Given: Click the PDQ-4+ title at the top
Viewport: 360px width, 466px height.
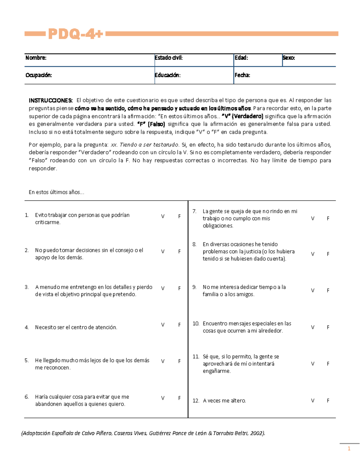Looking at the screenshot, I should coord(75,34).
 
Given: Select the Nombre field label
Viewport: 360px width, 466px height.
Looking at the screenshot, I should coord(36,58).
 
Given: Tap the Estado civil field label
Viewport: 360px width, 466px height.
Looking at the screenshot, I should coord(169,58).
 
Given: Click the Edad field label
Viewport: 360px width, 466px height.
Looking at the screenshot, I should coord(241,58).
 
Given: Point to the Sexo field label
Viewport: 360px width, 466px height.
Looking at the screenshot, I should coord(289,58).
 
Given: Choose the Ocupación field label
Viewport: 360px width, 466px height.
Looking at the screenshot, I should coord(39,75).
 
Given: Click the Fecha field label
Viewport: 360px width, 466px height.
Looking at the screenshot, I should coord(242,75).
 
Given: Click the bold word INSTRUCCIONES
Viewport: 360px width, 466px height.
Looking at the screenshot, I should coord(51,101).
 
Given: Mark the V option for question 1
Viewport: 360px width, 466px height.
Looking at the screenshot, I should coord(163,216).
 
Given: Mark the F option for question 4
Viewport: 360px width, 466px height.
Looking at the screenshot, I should coord(179,325).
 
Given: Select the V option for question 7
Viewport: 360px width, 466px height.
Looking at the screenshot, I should coord(313,219).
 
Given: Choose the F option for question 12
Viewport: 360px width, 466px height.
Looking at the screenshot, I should coord(328,401).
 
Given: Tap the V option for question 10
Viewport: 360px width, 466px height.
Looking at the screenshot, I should coord(313,327).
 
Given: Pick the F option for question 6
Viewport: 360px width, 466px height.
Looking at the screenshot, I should coord(179,398).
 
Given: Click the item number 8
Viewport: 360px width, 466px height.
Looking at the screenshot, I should coord(194,245).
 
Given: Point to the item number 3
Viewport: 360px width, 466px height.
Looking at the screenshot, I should coord(27,287).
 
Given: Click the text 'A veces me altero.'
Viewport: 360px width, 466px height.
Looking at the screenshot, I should coord(224,401).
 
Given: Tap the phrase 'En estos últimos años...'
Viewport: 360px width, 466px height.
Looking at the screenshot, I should coord(56,192).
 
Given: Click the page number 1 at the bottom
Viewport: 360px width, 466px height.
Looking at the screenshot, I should coord(349,449).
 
